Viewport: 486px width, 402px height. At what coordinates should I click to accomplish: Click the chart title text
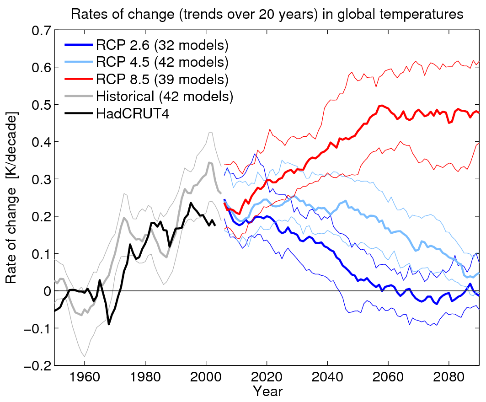click(x=267, y=15)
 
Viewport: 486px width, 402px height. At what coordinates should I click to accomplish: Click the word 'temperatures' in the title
click(x=424, y=15)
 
